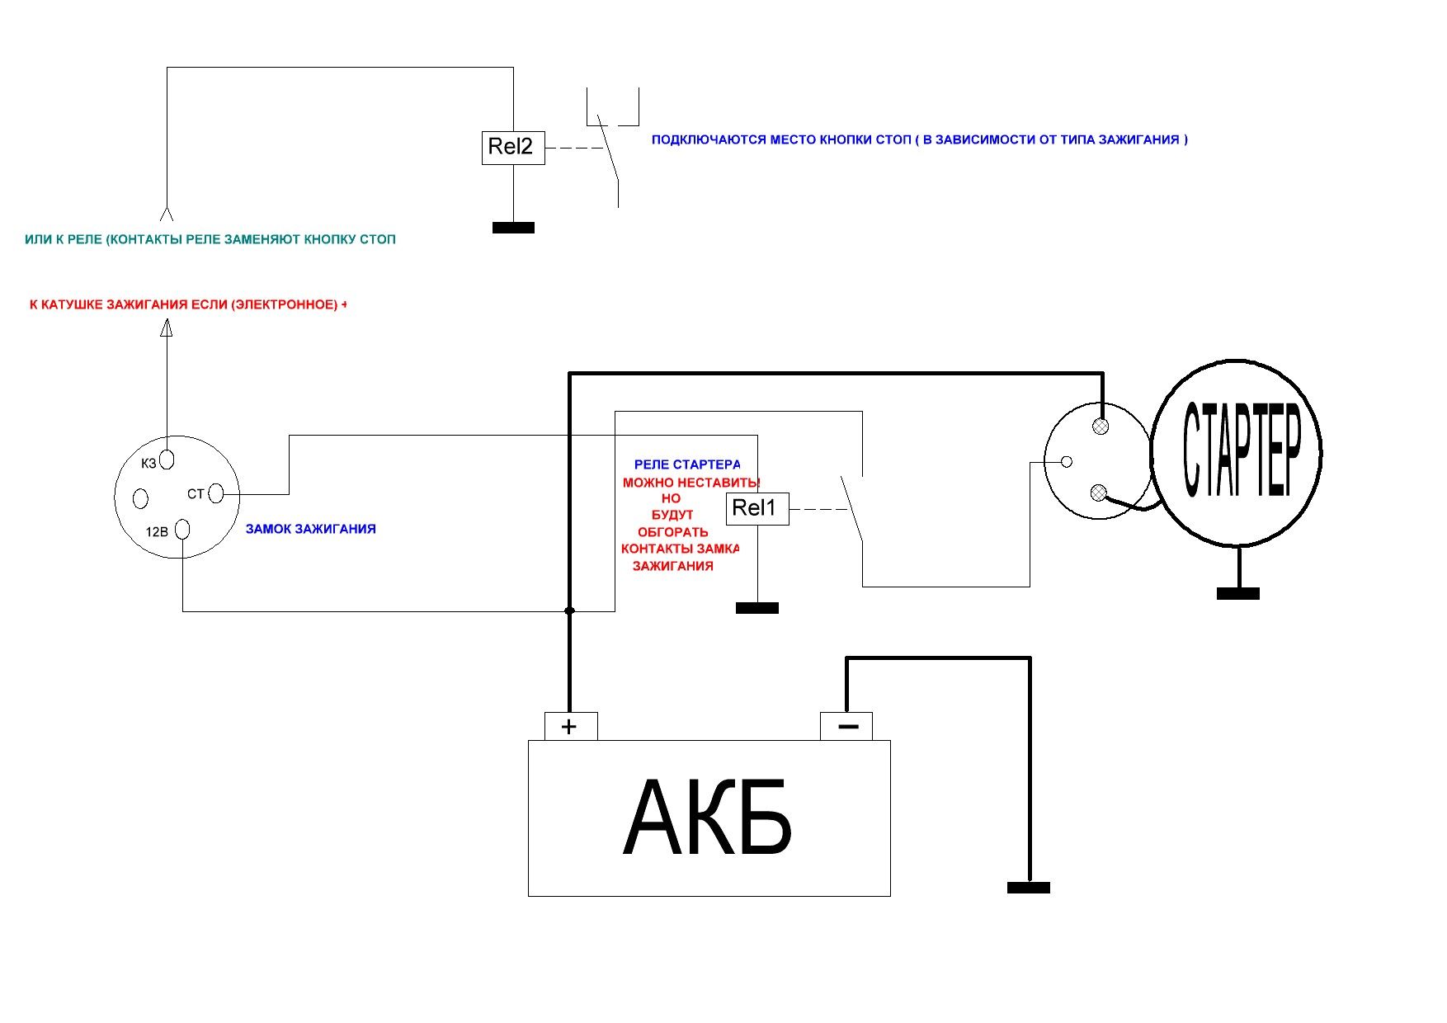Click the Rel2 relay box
(x=512, y=148)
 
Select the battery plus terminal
(x=570, y=726)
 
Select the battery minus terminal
(x=846, y=726)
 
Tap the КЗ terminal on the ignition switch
(x=167, y=459)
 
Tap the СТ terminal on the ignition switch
(x=216, y=493)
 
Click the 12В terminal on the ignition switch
(x=183, y=529)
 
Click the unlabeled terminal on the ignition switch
(x=140, y=498)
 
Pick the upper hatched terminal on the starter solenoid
(x=1100, y=427)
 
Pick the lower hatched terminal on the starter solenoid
(x=1098, y=493)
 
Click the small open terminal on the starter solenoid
(x=1066, y=462)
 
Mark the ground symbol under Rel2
(x=513, y=228)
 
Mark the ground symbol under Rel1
(x=756, y=608)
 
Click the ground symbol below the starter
(x=1237, y=593)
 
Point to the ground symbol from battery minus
(x=1028, y=888)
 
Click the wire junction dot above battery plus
(x=569, y=611)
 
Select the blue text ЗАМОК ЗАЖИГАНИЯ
(x=310, y=530)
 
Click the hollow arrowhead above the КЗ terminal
(x=167, y=328)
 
